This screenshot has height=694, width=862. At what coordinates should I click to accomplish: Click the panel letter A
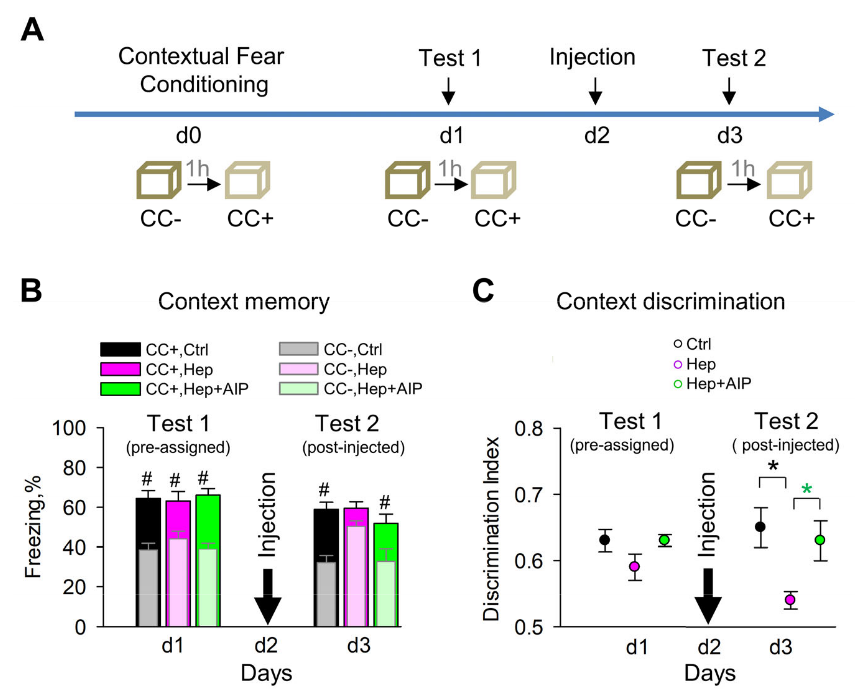(x=32, y=30)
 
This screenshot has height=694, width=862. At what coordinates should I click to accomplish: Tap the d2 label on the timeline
(x=596, y=136)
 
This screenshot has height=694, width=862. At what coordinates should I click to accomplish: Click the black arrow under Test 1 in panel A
(x=448, y=92)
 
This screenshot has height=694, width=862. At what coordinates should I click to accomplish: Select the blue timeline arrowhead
(x=826, y=114)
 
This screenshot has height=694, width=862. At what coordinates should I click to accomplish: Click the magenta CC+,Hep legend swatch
(x=120, y=369)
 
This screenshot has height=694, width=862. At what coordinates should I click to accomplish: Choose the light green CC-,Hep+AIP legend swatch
(x=299, y=388)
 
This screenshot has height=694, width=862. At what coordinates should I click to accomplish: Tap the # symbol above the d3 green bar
(x=384, y=502)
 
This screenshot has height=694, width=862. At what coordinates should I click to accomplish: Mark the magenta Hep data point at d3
(x=790, y=600)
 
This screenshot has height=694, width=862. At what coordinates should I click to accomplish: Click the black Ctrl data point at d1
(x=605, y=540)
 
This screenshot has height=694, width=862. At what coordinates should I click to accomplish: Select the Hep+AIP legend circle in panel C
(x=678, y=384)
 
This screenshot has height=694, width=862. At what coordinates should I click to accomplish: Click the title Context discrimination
(x=670, y=301)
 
